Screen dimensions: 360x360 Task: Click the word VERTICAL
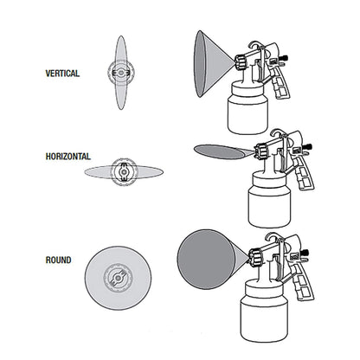(x=62, y=74)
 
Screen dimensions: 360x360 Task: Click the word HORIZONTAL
(x=67, y=157)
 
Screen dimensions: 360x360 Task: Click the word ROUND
(x=59, y=259)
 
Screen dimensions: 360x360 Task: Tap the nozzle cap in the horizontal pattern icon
(x=123, y=171)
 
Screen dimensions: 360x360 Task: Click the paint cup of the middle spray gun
(x=269, y=201)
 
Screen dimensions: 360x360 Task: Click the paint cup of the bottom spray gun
(x=267, y=315)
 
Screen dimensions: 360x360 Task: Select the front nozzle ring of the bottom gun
(x=256, y=257)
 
